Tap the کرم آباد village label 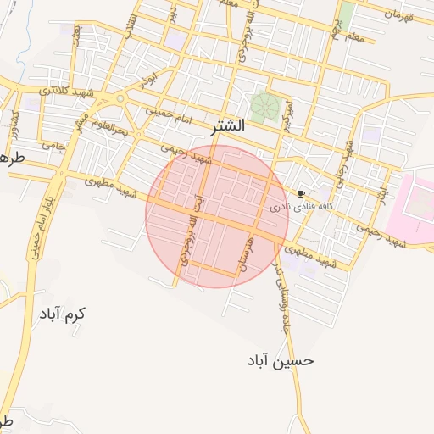[62, 314]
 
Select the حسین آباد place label [281, 360]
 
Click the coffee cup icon [301, 193]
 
